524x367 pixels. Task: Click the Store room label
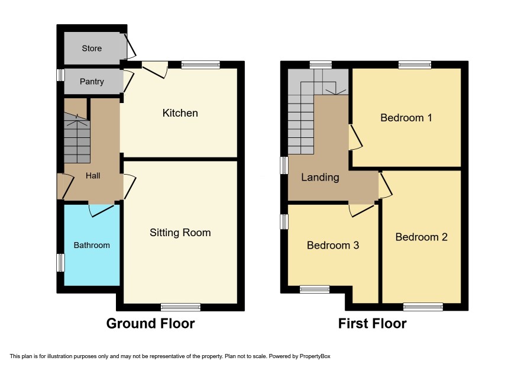[92, 48]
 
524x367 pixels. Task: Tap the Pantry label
[92, 81]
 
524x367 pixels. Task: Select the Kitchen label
[180, 113]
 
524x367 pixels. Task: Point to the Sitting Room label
[180, 233]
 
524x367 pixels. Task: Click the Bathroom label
[92, 245]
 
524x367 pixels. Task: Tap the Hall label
[93, 176]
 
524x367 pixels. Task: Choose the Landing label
[320, 178]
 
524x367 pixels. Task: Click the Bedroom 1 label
[406, 118]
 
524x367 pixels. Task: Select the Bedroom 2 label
[421, 237]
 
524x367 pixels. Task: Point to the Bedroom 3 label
[333, 245]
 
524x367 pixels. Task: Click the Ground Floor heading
[150, 324]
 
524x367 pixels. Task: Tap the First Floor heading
[372, 324]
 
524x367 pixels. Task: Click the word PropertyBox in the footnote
[315, 356]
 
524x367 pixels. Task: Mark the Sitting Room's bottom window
[180, 307]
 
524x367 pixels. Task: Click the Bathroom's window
[60, 263]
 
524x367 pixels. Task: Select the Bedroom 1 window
[415, 65]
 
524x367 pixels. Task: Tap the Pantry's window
[60, 75]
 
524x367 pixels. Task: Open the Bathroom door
[102, 209]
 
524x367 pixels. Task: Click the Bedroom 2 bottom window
[423, 307]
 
